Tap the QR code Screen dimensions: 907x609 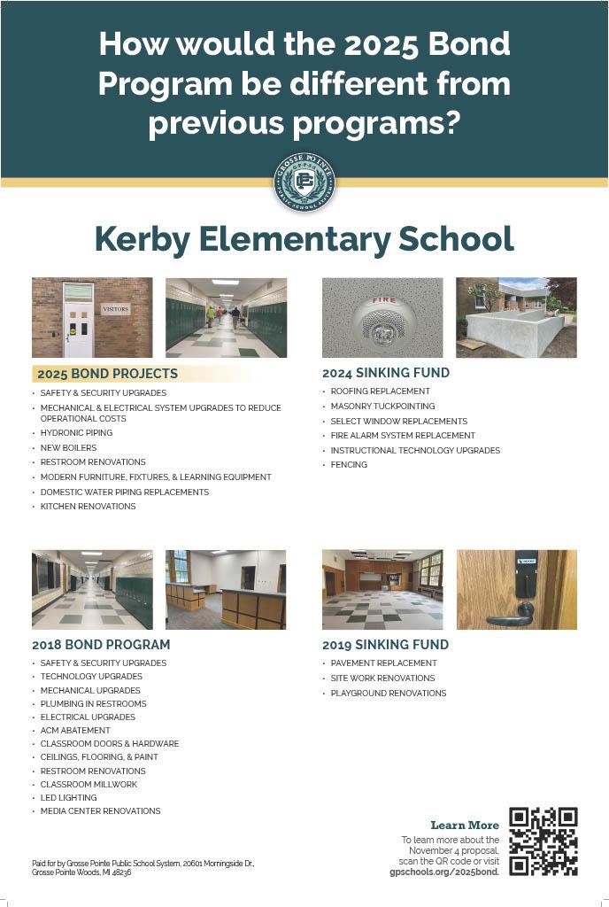[x=543, y=841]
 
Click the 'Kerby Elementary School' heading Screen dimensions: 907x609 [x=304, y=239]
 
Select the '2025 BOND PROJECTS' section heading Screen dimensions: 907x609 [x=107, y=374]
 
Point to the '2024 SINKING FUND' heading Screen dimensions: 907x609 [x=386, y=373]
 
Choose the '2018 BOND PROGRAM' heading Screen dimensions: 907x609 [x=101, y=645]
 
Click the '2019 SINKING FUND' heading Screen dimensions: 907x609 [x=385, y=645]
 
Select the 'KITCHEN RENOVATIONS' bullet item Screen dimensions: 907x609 [x=88, y=507]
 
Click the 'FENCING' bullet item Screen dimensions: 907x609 [x=349, y=465]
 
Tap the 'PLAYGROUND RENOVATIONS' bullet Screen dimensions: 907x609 [x=389, y=694]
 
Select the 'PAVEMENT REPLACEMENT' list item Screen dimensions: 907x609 [x=383, y=663]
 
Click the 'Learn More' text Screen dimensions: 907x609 [x=465, y=826]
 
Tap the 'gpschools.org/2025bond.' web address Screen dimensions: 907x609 [x=444, y=872]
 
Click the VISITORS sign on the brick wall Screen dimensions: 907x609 [x=115, y=309]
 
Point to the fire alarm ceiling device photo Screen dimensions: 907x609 [x=382, y=318]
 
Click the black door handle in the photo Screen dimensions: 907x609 [x=521, y=609]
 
